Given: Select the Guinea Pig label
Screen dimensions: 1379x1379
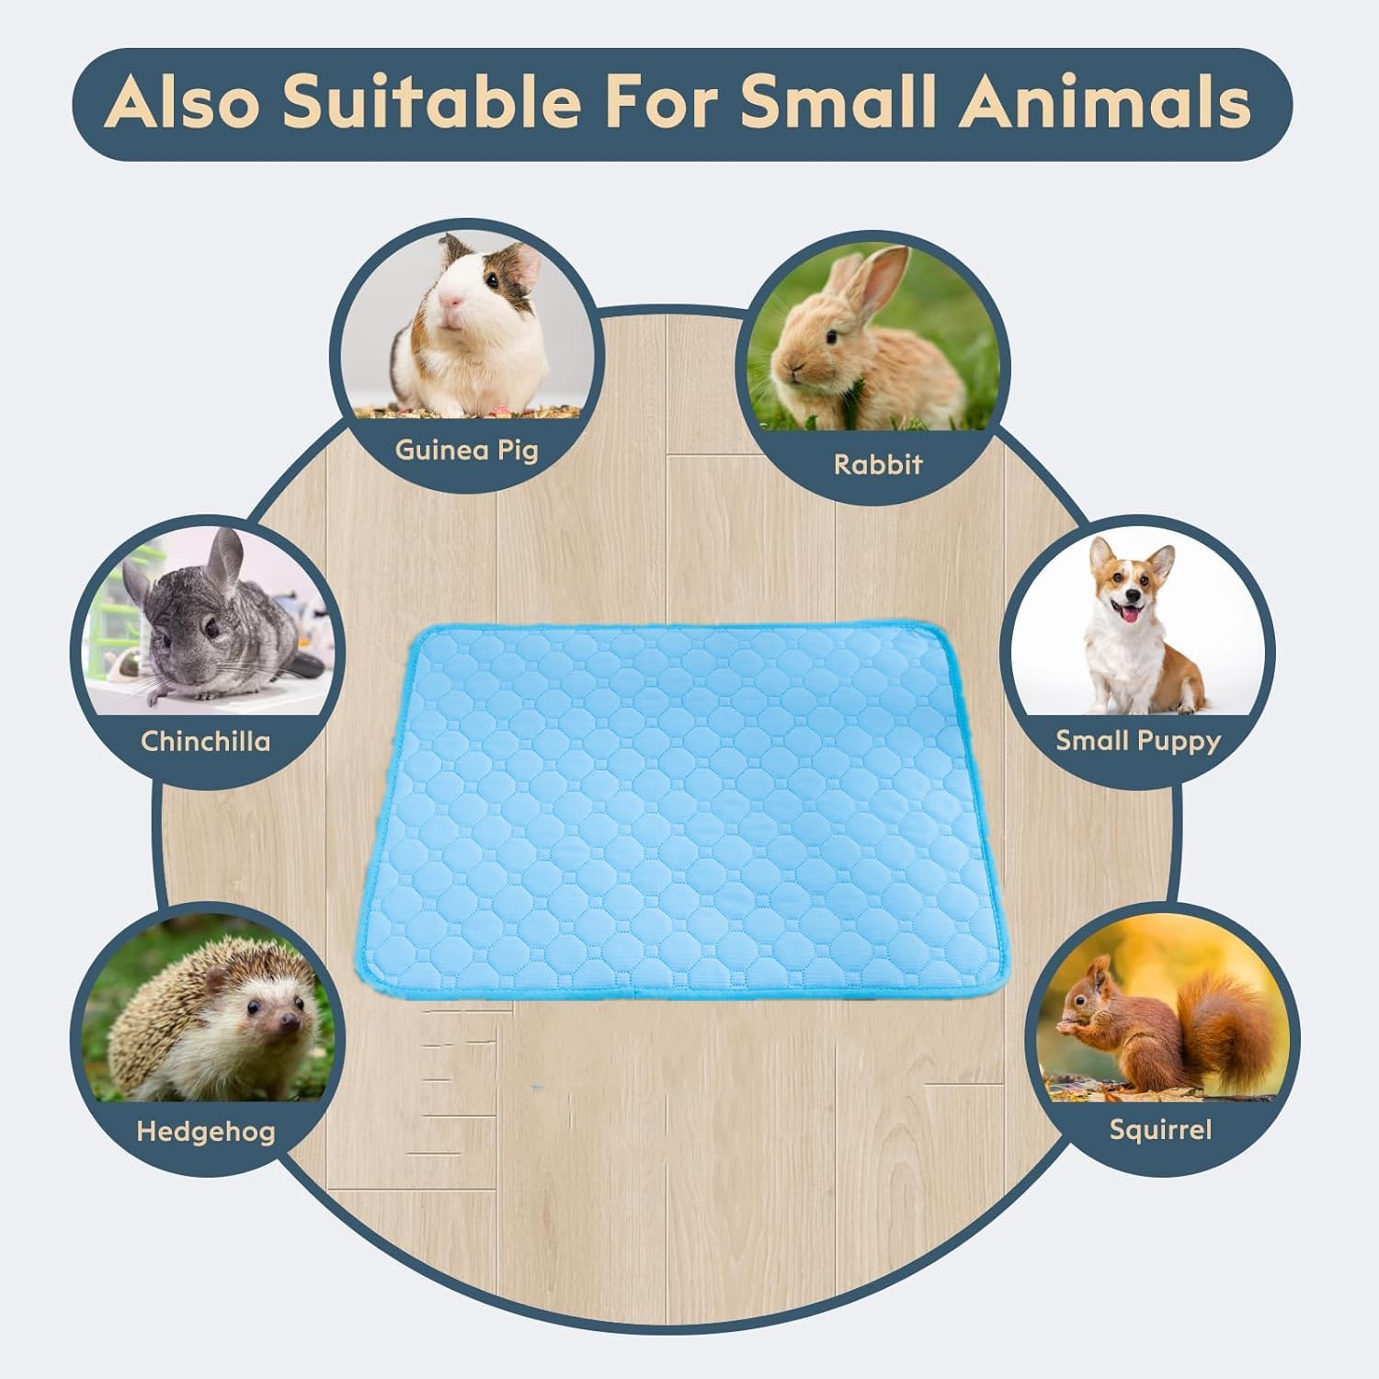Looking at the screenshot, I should point(466,450).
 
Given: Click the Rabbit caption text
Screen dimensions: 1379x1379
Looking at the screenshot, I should point(877,464).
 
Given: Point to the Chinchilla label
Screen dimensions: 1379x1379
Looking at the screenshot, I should point(206,741).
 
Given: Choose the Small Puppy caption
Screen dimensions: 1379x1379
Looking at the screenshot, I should point(1137,740).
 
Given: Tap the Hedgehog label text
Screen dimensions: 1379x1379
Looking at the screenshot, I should point(206,1131).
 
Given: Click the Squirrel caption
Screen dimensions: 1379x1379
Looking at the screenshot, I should point(1160,1129).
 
